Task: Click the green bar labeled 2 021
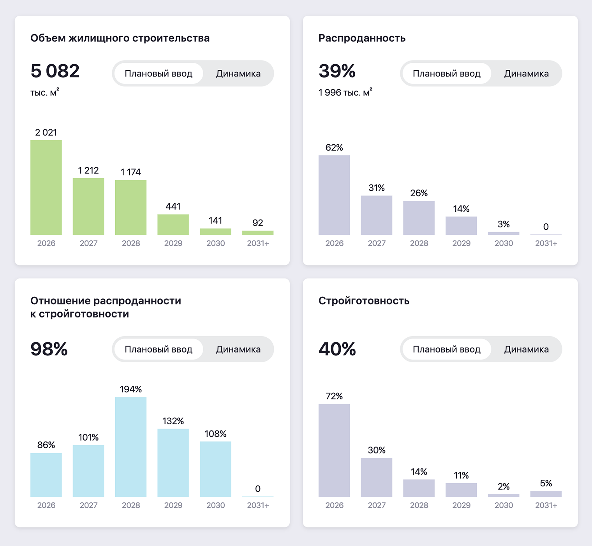46,188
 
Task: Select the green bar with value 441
173,225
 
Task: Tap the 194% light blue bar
131,447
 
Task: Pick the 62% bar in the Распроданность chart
334,195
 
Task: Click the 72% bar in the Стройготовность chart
334,450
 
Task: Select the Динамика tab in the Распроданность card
526,74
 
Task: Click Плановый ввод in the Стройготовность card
446,349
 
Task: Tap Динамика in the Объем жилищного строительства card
238,74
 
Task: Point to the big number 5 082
55,71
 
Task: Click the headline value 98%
49,349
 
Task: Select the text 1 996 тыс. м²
345,92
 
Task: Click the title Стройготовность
364,301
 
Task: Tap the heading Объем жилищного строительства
120,38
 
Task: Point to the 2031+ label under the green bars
258,243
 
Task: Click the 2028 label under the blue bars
131,505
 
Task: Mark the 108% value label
215,434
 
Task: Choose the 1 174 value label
131,172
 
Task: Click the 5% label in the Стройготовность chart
546,484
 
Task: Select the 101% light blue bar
88,471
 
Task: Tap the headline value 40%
337,349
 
